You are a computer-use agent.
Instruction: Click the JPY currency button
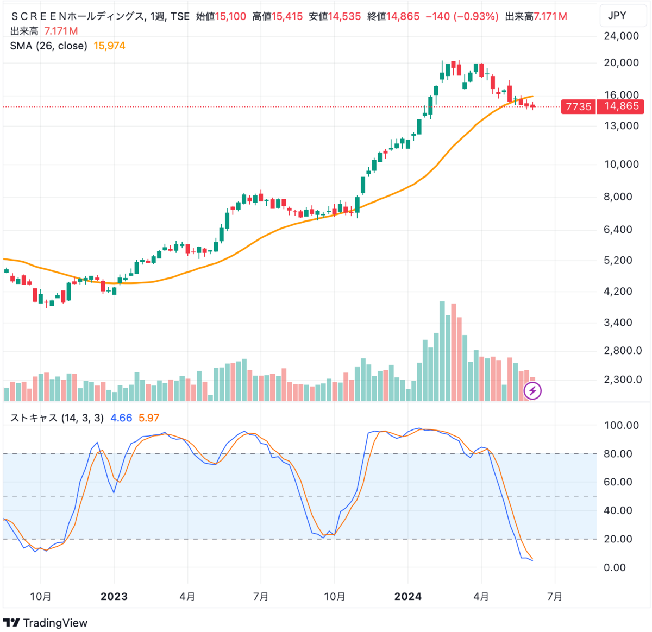pyautogui.click(x=617, y=16)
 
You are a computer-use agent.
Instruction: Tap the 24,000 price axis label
pyautogui.click(x=621, y=36)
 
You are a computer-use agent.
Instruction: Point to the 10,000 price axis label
pyautogui.click(x=621, y=164)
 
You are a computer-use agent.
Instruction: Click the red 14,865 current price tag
pyautogui.click(x=620, y=106)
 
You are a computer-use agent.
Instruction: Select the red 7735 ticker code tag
pyautogui.click(x=578, y=106)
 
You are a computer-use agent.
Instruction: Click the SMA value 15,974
pyautogui.click(x=109, y=46)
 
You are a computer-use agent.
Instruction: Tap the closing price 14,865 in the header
pyautogui.click(x=403, y=16)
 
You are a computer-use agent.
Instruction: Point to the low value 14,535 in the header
pyautogui.click(x=344, y=16)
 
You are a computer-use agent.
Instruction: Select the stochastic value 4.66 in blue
pyautogui.click(x=121, y=418)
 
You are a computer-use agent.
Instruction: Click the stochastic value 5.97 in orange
pyautogui.click(x=149, y=418)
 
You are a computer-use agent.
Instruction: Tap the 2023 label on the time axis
pyautogui.click(x=114, y=597)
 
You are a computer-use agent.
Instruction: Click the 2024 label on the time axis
pyautogui.click(x=407, y=597)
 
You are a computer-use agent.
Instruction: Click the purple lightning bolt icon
pyautogui.click(x=532, y=390)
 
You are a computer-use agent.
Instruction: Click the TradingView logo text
pyautogui.click(x=55, y=623)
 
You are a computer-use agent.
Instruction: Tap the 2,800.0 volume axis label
pyautogui.click(x=623, y=351)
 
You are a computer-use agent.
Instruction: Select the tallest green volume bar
pyautogui.click(x=442, y=352)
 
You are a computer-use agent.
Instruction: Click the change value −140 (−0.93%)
pyautogui.click(x=461, y=16)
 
